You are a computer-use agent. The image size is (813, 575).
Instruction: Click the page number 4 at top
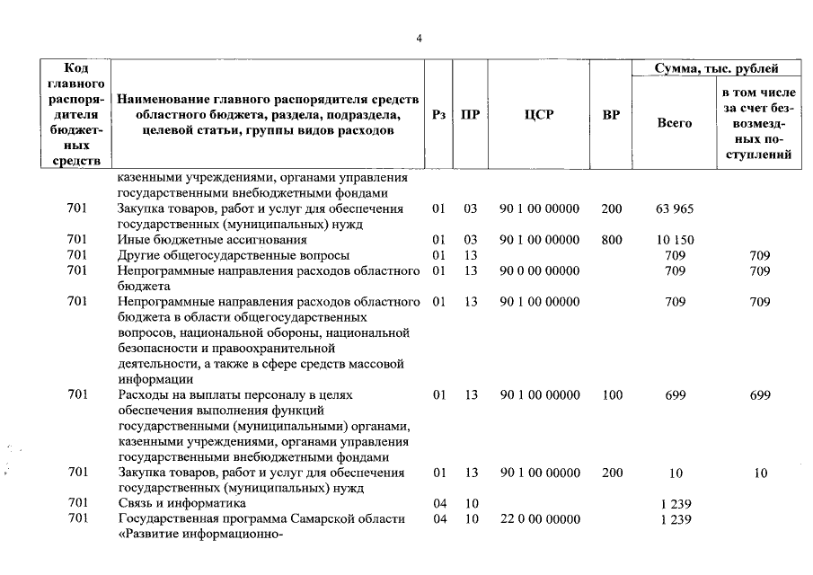419,37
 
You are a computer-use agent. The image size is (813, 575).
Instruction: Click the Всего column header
675,123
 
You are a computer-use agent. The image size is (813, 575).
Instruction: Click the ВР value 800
612,240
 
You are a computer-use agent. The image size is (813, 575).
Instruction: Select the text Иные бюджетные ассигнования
212,240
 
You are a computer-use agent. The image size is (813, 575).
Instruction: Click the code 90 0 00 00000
539,270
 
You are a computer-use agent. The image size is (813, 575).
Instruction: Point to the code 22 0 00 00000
539,519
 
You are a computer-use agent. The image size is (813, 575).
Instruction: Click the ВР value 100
612,394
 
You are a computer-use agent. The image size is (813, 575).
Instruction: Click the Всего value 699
675,394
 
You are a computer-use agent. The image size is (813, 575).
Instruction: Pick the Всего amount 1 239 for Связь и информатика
675,504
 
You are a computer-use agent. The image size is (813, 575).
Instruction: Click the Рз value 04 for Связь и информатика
439,504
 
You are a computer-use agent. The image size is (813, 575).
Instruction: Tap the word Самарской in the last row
319,519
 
